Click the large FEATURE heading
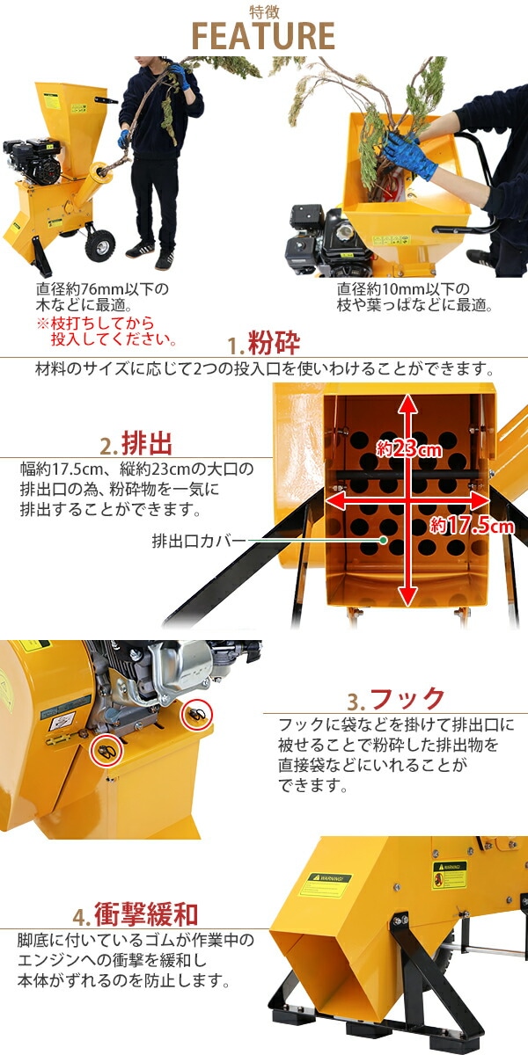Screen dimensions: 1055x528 click(x=264, y=36)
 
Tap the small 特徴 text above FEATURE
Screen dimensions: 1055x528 click(x=264, y=11)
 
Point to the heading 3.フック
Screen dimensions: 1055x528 click(x=395, y=700)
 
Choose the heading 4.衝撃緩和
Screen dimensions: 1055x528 click(x=136, y=914)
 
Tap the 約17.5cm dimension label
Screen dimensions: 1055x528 click(x=472, y=526)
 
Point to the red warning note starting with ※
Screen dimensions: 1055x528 click(x=106, y=331)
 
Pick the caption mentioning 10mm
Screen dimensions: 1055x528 click(x=414, y=297)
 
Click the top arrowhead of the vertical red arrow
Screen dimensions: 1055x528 click(x=407, y=401)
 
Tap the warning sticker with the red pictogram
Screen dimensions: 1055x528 click(x=450, y=875)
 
